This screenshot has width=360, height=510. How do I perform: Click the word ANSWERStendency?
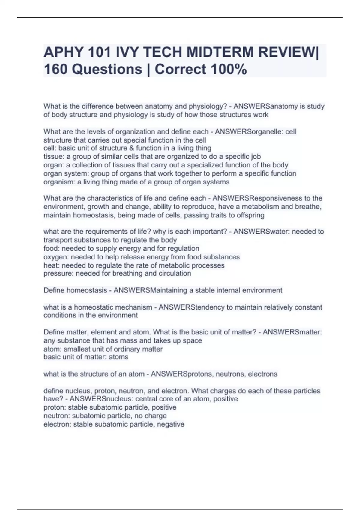(191, 307)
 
